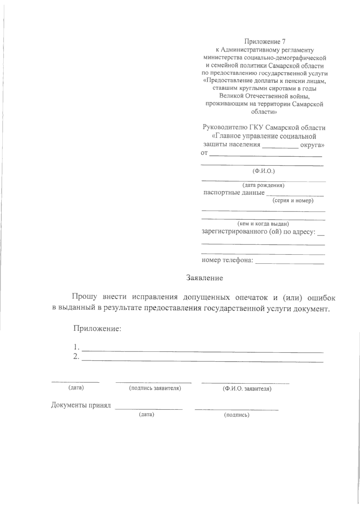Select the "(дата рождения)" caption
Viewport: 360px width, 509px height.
click(263, 185)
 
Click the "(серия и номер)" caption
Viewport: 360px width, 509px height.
click(293, 201)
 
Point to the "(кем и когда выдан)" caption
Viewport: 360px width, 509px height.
click(263, 224)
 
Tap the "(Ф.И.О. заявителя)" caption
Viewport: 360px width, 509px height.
click(247, 389)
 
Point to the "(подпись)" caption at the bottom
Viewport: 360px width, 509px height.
click(237, 415)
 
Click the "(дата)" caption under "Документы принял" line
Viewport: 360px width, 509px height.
click(146, 415)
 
